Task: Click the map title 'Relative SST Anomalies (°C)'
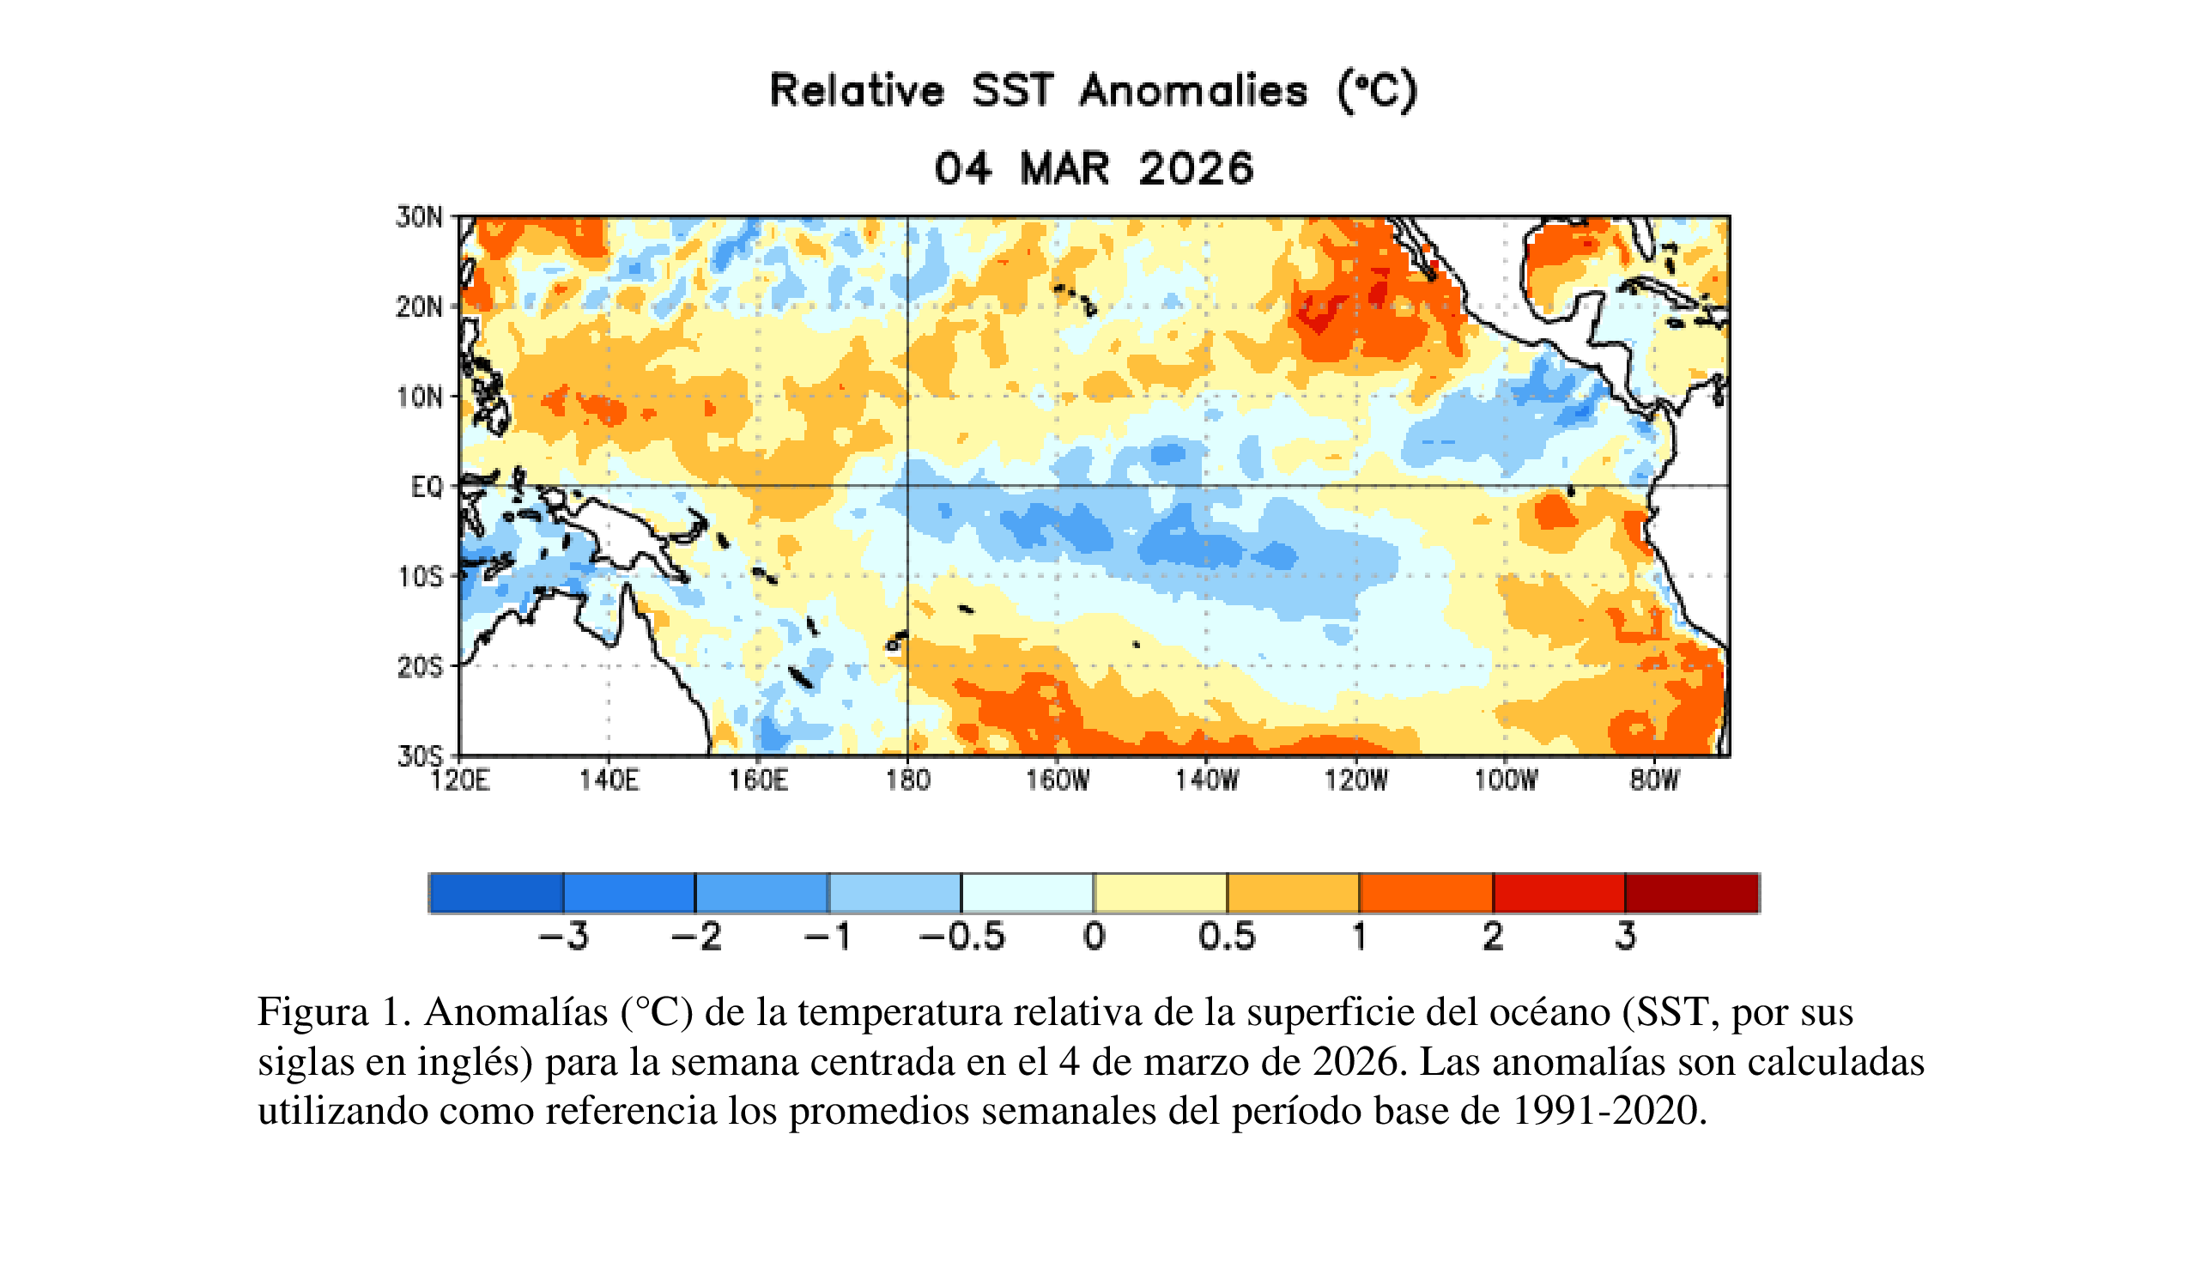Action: [x=1093, y=91]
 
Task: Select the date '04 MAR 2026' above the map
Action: [x=1094, y=168]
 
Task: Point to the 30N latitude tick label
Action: [x=420, y=217]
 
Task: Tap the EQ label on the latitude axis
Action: [x=427, y=488]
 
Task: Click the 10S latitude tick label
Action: [x=421, y=578]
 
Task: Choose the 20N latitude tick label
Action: [x=420, y=307]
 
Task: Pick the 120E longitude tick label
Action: [x=460, y=780]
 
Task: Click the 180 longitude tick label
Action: [x=907, y=780]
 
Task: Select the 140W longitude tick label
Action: [x=1207, y=780]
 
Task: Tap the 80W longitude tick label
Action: [x=1655, y=780]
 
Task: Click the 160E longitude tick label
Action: [x=758, y=780]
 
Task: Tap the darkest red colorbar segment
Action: [x=1692, y=893]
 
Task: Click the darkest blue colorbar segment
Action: [x=497, y=893]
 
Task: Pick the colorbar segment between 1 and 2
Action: [x=1426, y=893]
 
